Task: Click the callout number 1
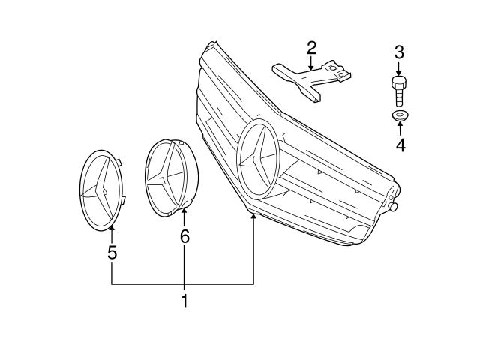(x=184, y=302)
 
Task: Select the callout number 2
(x=311, y=49)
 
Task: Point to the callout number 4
(x=400, y=145)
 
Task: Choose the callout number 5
(x=112, y=253)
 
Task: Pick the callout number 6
(x=184, y=236)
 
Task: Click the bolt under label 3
(x=398, y=91)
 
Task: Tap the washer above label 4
(x=399, y=115)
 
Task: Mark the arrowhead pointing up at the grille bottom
(x=254, y=217)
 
